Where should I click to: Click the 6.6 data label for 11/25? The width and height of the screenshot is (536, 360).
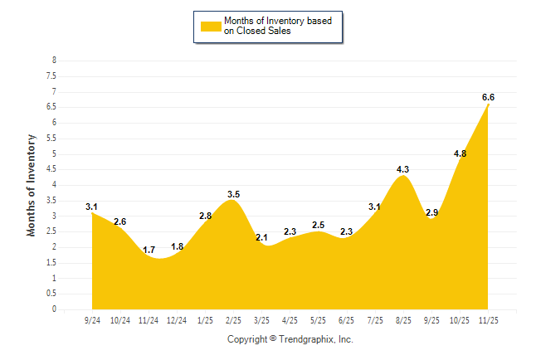tap(488, 97)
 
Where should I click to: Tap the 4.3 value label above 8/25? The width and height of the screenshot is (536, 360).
tap(403, 169)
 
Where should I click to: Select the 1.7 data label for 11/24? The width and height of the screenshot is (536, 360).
tap(149, 250)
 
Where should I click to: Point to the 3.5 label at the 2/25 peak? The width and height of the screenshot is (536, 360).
tap(233, 194)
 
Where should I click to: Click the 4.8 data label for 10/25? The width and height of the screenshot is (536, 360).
tap(460, 153)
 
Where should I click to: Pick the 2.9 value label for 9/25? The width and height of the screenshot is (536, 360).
tap(431, 212)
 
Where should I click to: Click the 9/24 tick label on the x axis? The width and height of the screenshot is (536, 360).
tap(92, 320)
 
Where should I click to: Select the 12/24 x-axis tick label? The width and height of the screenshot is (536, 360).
tap(177, 320)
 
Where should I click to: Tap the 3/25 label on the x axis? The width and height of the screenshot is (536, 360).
tap(261, 320)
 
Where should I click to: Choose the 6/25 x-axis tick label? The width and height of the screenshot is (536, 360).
tap(346, 320)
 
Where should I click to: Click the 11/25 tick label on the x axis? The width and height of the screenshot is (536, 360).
tap(488, 320)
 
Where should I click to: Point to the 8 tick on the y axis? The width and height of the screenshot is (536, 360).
tap(54, 61)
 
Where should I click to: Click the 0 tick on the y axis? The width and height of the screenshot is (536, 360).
tap(54, 309)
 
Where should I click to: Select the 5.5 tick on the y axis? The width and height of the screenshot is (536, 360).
tap(51, 139)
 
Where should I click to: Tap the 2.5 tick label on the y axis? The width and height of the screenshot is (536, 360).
tap(51, 231)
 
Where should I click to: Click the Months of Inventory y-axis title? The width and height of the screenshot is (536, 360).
tap(32, 185)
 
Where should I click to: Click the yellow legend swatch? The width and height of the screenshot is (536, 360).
tap(210, 26)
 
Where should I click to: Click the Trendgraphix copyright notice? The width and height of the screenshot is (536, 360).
tap(290, 339)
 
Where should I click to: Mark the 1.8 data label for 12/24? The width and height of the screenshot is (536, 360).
tap(177, 246)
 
